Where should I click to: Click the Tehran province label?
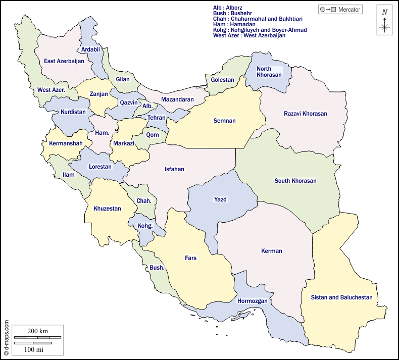coord(156,118)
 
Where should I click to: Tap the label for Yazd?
coord(220,199)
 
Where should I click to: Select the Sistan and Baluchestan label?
coord(341,297)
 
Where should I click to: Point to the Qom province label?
coord(152,135)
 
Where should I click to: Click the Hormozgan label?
coord(252,301)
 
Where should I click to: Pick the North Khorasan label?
coord(269,72)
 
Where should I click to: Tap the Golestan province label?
coord(222,80)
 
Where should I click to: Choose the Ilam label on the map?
coord(68,175)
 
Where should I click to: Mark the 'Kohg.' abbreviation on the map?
coord(145,226)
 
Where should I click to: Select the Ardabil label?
coord(90,49)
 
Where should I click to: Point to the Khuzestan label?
coord(107,209)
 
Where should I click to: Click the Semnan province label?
coord(224,121)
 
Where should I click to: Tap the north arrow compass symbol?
coord(385,21)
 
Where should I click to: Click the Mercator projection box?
coord(340,9)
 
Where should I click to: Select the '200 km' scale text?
coord(37,331)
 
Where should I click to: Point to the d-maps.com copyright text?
coord(6,339)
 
